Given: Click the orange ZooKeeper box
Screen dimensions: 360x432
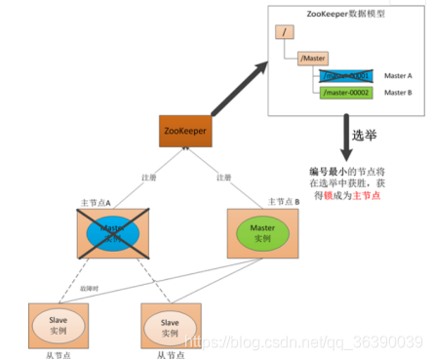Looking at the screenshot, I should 185,132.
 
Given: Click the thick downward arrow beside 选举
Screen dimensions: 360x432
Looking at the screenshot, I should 345,137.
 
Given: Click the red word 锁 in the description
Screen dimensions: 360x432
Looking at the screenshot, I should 324,195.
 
